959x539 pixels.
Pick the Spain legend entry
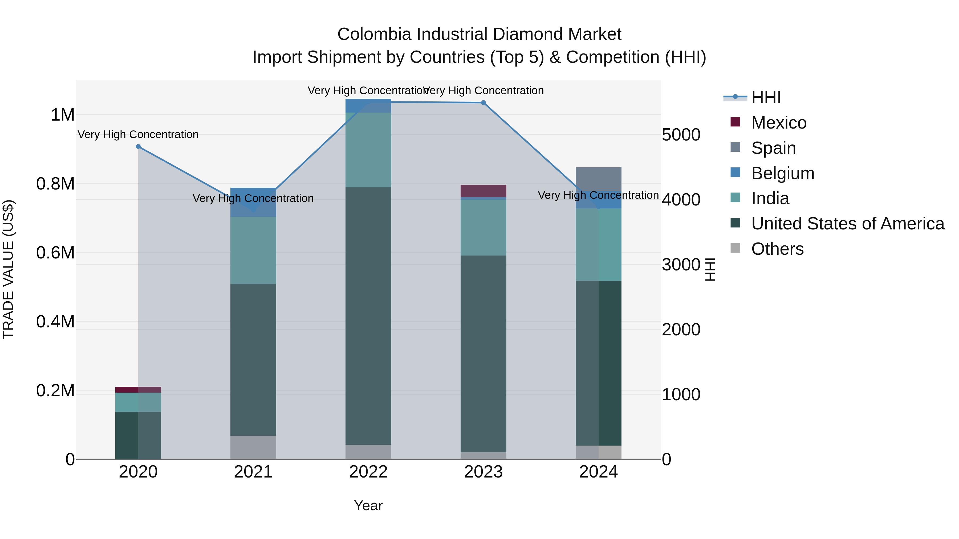tap(773, 148)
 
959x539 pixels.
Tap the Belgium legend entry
tap(783, 173)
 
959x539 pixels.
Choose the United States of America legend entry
tap(847, 224)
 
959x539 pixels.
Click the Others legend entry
tap(777, 249)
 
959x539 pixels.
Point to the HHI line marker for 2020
tap(138, 147)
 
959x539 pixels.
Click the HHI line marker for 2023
tap(483, 103)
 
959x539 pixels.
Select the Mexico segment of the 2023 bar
tap(483, 191)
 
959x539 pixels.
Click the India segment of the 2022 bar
tap(368, 150)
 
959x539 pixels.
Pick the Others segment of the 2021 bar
tap(253, 447)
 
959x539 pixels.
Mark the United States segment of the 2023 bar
tap(483, 353)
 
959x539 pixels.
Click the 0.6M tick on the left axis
tap(55, 253)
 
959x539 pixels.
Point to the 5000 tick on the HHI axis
tap(681, 135)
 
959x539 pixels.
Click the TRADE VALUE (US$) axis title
tap(9, 269)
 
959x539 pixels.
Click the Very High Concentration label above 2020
tap(138, 135)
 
